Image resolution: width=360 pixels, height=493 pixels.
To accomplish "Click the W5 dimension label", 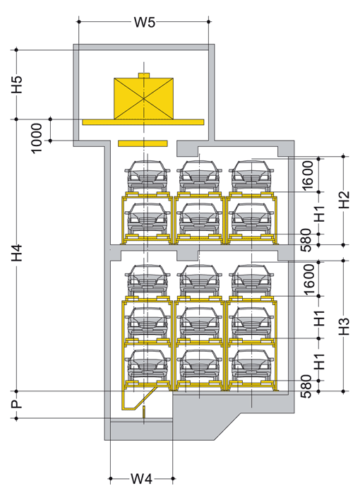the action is (x=145, y=22).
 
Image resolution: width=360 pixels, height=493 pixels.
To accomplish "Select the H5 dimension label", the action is (x=17, y=84).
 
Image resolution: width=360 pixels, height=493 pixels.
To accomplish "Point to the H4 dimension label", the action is (x=17, y=253).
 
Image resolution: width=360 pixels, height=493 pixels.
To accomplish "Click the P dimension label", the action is (x=17, y=404).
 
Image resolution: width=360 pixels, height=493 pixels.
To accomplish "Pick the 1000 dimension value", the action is (x=37, y=138).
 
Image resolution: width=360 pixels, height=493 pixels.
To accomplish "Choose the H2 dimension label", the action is (x=344, y=200).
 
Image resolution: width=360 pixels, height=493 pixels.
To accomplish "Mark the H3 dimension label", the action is (x=344, y=326).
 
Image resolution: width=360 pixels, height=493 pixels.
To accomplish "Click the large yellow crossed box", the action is (x=143, y=99).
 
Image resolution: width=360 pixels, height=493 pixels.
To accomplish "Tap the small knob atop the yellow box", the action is (x=144, y=75).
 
